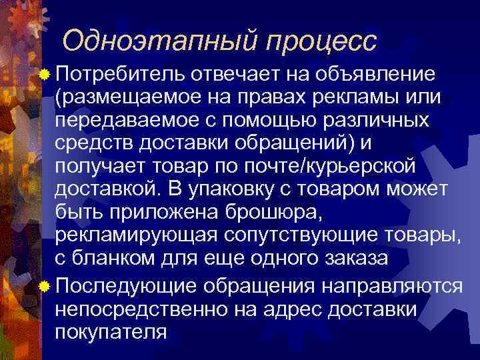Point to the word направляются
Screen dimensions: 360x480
pos(391,285)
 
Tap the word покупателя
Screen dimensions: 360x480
pos(111,331)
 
